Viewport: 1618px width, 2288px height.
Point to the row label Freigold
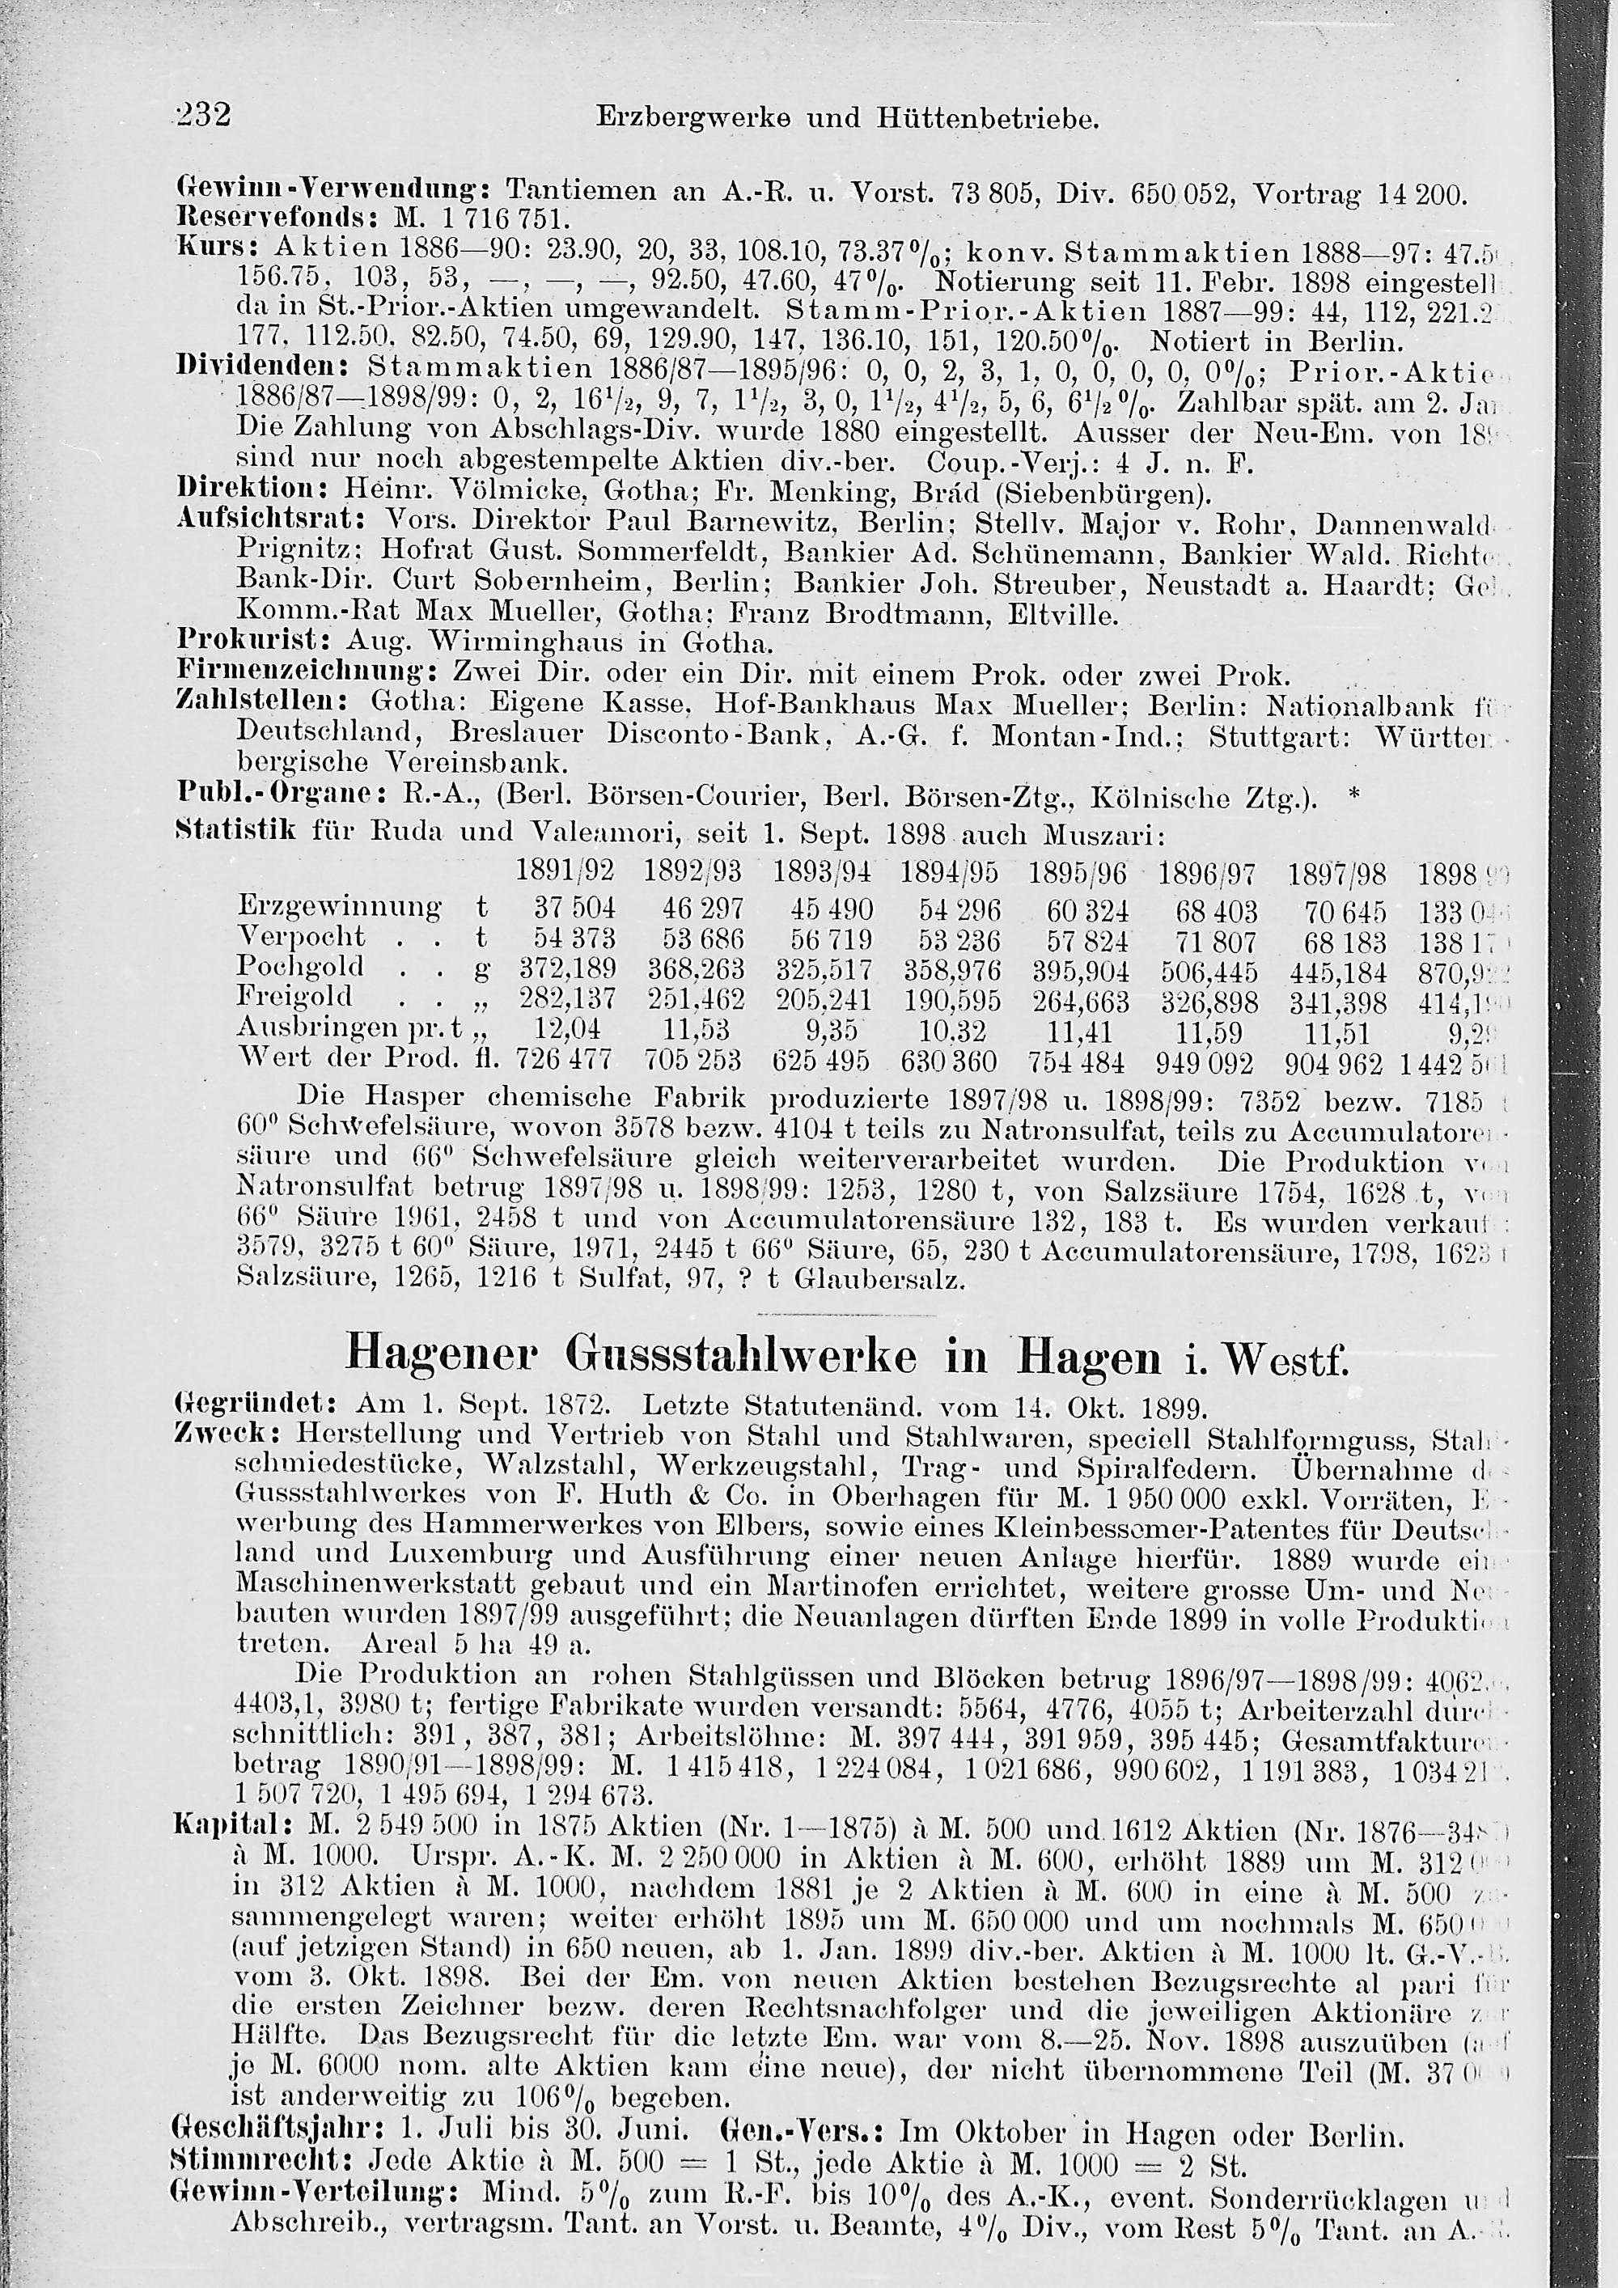click(295, 997)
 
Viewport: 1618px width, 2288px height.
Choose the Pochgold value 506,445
click(1208, 968)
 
